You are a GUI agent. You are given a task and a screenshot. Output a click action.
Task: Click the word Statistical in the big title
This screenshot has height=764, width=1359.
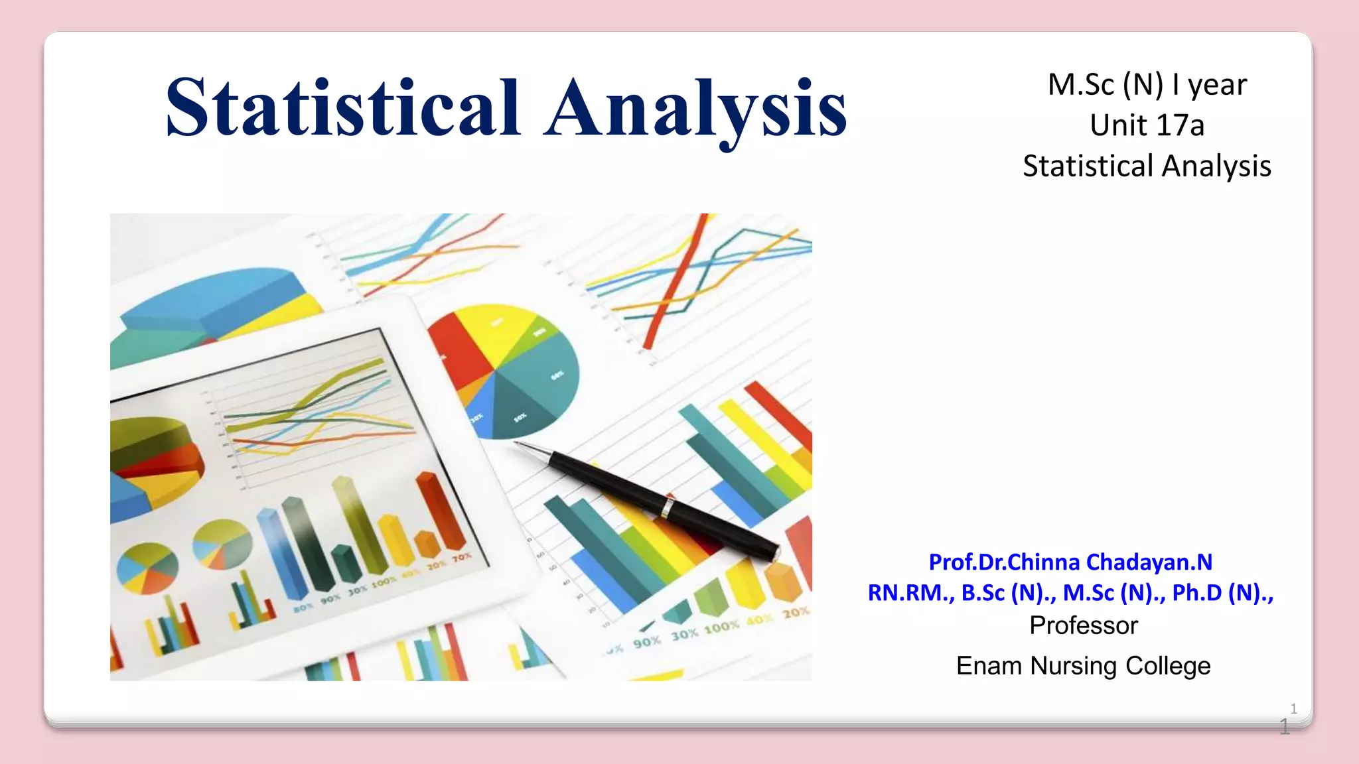[x=343, y=108]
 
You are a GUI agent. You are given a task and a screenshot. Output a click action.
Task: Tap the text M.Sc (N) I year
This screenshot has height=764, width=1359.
[x=1147, y=85]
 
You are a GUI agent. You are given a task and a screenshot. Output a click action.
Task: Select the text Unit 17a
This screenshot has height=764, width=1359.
[x=1147, y=125]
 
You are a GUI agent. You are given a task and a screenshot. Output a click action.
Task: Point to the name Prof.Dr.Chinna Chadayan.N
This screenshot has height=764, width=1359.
[x=1070, y=562]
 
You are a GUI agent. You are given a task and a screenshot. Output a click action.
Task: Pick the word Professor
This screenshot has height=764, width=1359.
[x=1083, y=625]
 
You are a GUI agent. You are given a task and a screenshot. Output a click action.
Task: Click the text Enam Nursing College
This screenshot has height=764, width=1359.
[x=1083, y=666]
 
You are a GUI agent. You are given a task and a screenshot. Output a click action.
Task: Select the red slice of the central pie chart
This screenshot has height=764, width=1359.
[x=458, y=351]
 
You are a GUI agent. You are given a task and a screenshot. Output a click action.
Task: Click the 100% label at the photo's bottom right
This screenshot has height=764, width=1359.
[x=721, y=627]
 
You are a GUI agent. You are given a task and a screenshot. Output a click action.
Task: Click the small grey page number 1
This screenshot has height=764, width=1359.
[x=1293, y=708]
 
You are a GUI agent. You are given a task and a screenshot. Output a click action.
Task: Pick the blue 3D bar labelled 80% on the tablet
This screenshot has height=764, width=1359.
[x=282, y=557]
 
